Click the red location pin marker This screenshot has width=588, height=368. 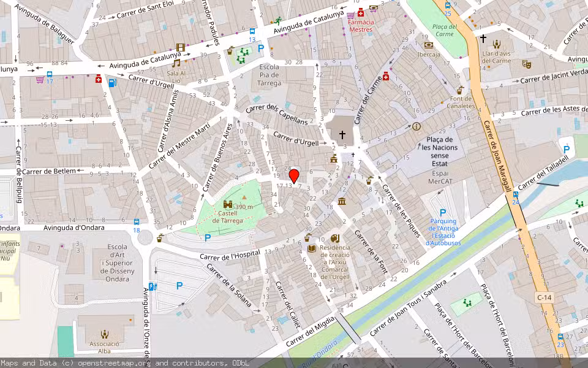coord(294,175)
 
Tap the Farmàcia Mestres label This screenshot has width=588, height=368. coord(360,25)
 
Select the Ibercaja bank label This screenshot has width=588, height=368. coord(429,54)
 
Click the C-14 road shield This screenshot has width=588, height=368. coord(544,297)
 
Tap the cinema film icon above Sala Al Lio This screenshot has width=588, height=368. coord(180,47)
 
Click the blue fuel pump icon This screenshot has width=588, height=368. coord(111,82)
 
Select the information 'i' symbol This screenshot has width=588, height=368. coord(417,126)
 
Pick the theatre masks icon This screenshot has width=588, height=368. coord(526,64)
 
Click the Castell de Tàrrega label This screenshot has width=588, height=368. coord(228,217)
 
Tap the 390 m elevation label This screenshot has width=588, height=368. coord(243,207)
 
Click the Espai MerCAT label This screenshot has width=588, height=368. coord(445,177)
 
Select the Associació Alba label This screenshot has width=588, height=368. coord(105,348)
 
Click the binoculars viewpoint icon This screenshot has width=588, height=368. coord(228,204)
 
